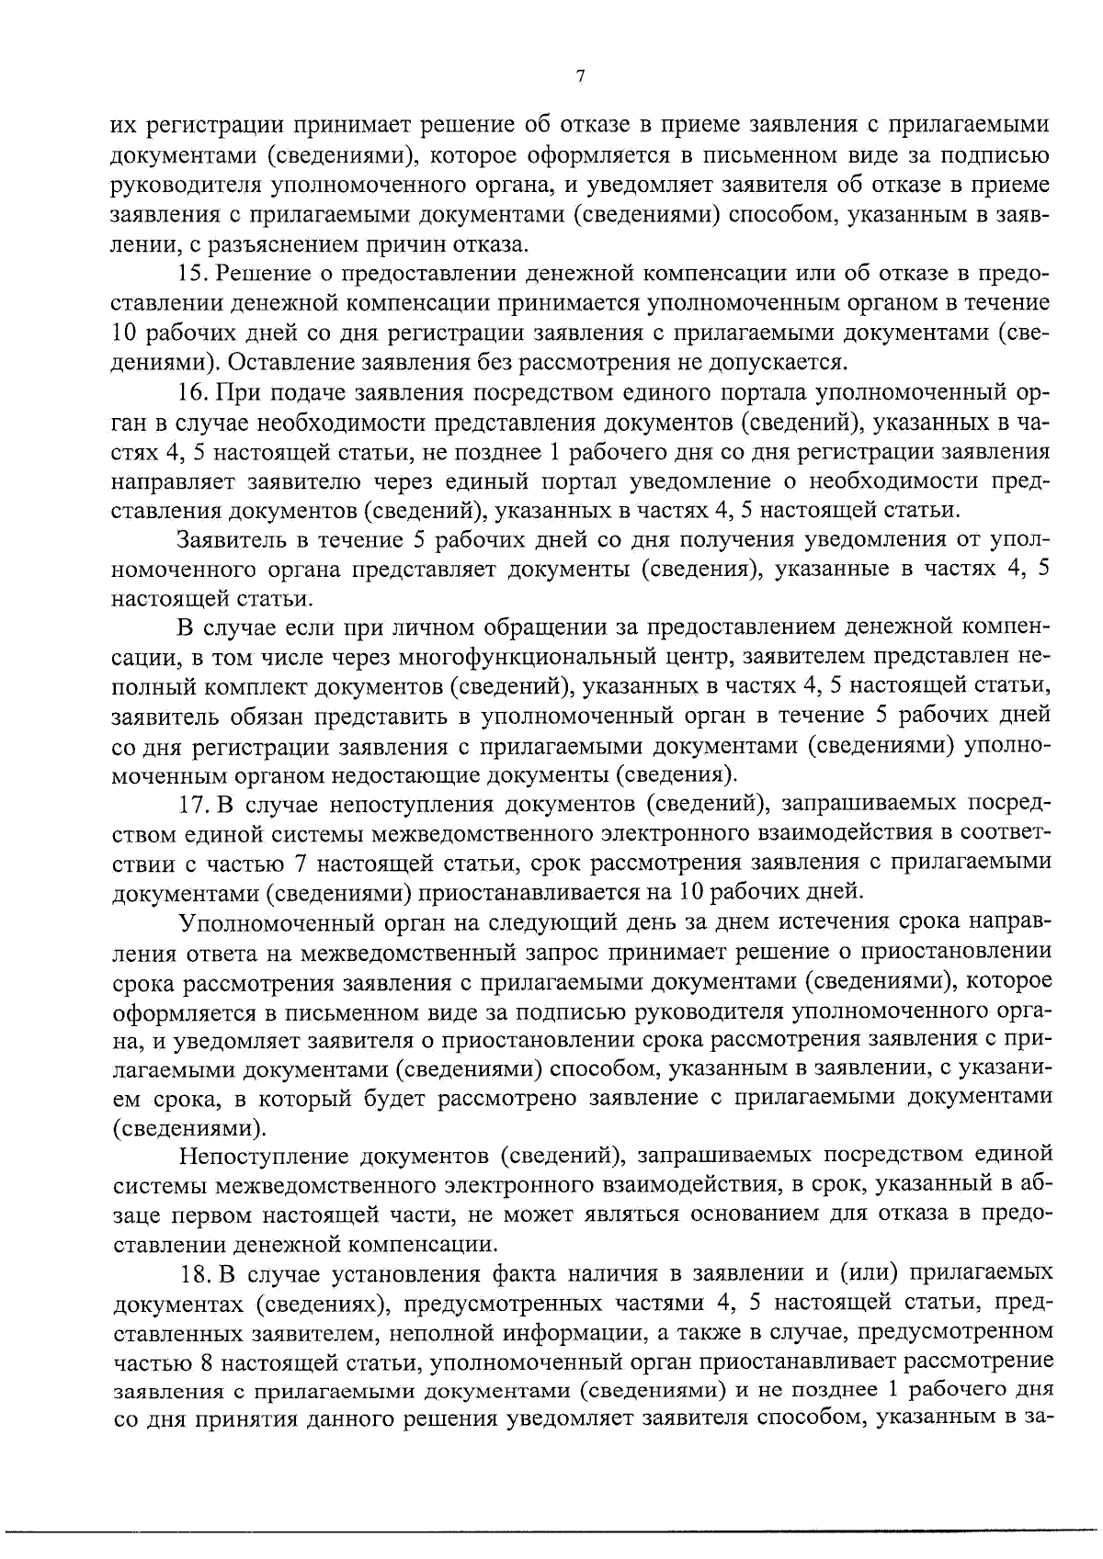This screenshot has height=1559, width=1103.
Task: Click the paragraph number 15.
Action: click(x=195, y=274)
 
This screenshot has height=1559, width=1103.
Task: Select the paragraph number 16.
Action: click(x=195, y=393)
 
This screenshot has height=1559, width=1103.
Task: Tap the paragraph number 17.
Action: click(x=195, y=805)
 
